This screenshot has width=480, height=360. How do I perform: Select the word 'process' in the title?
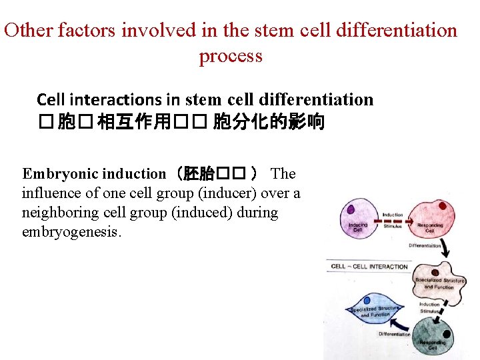tap(231, 56)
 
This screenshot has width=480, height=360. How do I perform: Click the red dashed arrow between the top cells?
tap(393, 222)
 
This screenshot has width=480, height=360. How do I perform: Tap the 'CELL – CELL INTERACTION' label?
tap(369, 267)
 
